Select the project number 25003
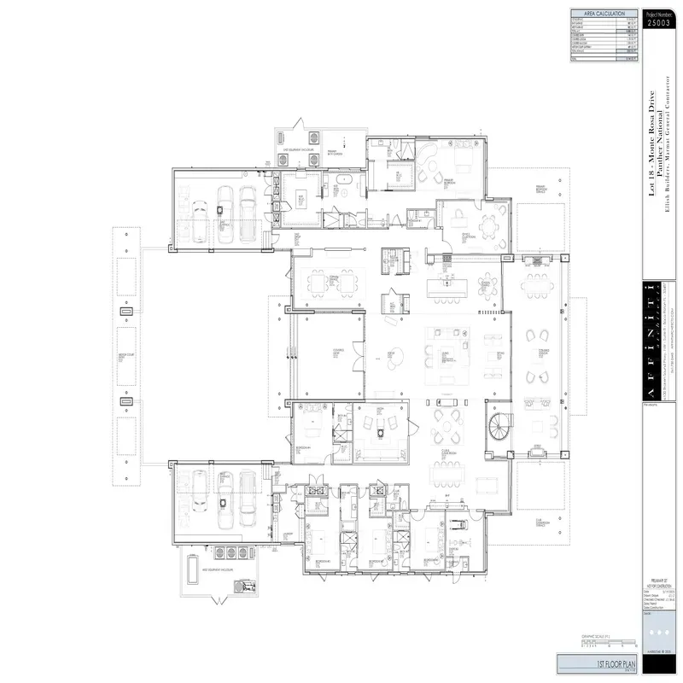[659, 24]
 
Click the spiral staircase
[499, 423]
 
